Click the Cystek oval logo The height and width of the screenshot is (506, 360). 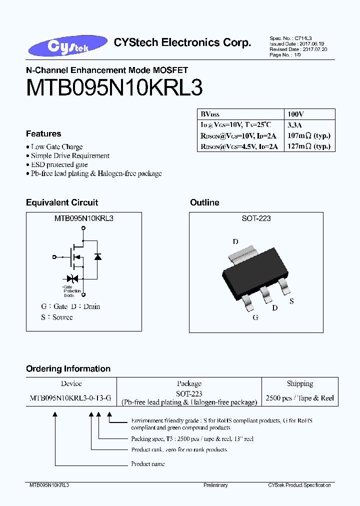click(67, 46)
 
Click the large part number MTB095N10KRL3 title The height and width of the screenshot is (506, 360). click(114, 89)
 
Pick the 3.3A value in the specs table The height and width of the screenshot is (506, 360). click(294, 124)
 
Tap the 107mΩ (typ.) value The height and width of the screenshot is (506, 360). click(309, 135)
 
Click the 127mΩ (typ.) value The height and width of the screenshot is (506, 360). click(309, 146)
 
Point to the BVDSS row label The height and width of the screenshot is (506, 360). click(210, 114)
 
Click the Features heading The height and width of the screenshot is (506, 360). click(43, 133)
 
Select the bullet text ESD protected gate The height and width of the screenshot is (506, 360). click(59, 164)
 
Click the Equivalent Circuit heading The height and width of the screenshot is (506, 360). click(62, 202)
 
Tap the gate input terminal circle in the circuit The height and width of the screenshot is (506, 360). click(54, 257)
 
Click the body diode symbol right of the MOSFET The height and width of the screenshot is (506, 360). click(98, 257)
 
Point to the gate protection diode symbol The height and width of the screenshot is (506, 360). click(71, 278)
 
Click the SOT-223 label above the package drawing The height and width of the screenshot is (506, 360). click(256, 218)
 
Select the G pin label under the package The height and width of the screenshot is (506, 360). click(255, 317)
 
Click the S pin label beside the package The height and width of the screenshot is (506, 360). click(291, 301)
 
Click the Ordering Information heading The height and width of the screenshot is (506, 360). click(68, 368)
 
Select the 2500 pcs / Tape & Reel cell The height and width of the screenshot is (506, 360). click(299, 398)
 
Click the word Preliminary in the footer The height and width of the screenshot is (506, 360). click(215, 485)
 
